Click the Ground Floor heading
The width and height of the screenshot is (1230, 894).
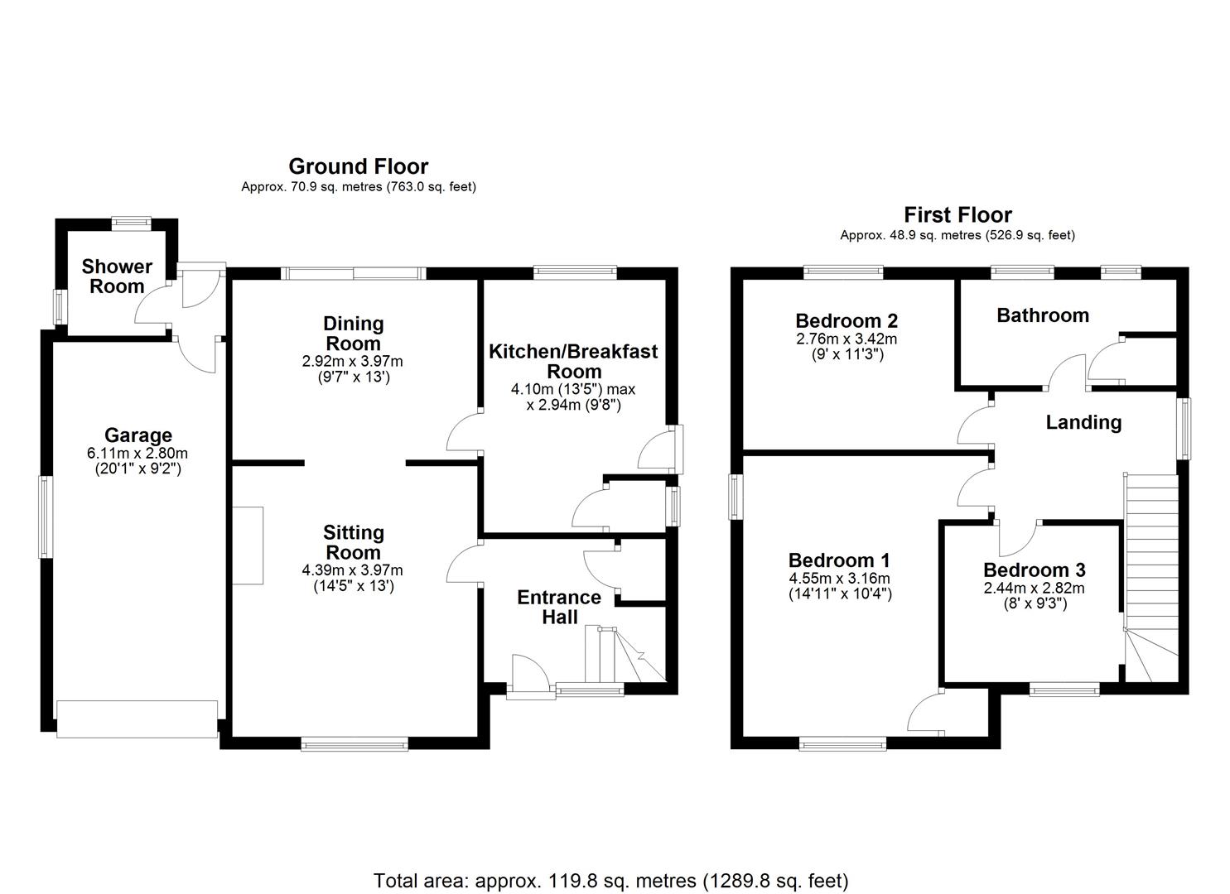[x=358, y=166]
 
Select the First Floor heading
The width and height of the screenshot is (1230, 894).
[x=957, y=214]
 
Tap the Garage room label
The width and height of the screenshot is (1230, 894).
[x=137, y=435]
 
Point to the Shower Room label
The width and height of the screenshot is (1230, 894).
[x=117, y=276]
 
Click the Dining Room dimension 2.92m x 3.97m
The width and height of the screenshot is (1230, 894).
[x=352, y=361]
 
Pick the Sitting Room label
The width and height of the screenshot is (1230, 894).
[x=353, y=542]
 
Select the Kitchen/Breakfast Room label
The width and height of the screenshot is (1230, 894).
[x=573, y=361]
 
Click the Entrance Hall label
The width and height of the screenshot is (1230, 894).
[x=559, y=607]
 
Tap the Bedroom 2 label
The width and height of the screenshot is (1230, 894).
[x=847, y=320]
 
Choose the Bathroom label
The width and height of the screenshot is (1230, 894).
[x=1043, y=315]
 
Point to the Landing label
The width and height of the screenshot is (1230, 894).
[x=1083, y=422]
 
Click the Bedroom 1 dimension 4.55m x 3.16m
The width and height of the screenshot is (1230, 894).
[x=840, y=579]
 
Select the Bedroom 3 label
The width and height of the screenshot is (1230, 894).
[x=1035, y=570]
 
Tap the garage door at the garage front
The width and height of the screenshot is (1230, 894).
[x=137, y=719]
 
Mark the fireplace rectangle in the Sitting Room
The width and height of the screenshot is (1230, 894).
[x=248, y=546]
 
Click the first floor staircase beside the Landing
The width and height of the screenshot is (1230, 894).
[x=1151, y=579]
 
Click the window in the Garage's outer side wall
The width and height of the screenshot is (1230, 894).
[x=46, y=517]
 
